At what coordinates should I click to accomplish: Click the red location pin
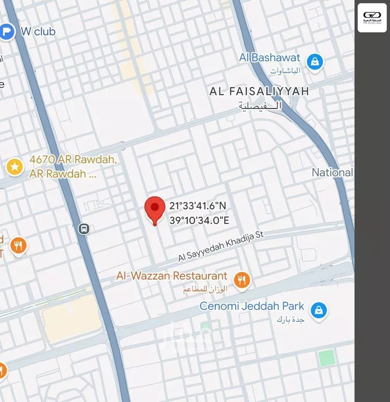click(x=154, y=209)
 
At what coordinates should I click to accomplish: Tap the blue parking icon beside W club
click(x=7, y=32)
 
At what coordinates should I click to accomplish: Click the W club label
click(x=38, y=31)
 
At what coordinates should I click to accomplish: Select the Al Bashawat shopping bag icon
click(x=315, y=62)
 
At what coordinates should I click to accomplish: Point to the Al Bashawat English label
click(x=270, y=58)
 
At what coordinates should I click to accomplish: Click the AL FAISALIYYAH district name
click(x=259, y=92)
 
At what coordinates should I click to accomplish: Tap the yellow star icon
click(x=15, y=167)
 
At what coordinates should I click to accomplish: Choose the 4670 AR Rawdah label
click(x=72, y=160)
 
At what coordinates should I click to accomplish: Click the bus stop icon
click(x=84, y=229)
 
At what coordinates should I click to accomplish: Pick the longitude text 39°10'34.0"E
click(x=199, y=220)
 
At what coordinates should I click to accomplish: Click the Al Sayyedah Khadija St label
click(x=221, y=247)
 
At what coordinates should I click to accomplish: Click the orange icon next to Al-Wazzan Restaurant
click(x=241, y=281)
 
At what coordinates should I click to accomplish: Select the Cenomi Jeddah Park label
click(x=252, y=306)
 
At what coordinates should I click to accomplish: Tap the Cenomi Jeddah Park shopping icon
click(x=318, y=311)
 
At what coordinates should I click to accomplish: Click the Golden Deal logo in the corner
click(x=372, y=18)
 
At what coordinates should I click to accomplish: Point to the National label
click(x=332, y=172)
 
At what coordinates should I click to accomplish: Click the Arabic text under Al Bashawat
click(x=285, y=70)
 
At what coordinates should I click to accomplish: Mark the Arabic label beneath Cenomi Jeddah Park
click(x=290, y=318)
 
